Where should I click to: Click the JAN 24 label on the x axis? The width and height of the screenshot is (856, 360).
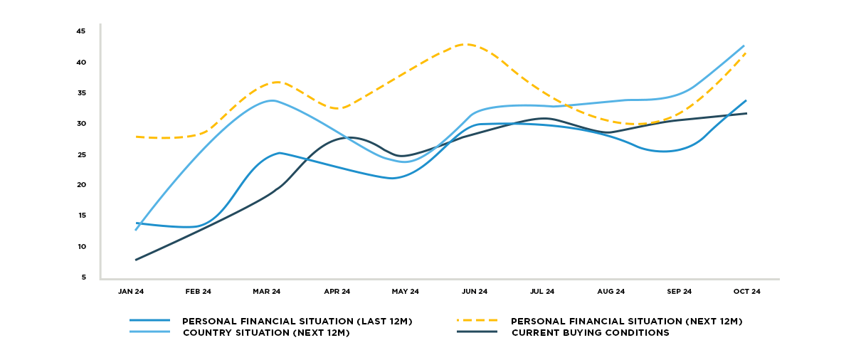point(130,292)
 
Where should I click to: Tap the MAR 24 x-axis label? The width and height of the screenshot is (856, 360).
point(267,292)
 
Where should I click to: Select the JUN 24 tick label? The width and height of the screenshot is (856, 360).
point(475,292)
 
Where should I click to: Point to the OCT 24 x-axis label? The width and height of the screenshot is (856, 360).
point(747,292)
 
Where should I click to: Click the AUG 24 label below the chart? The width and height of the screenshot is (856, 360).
point(611,292)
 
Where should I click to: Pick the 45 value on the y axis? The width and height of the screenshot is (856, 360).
point(81,31)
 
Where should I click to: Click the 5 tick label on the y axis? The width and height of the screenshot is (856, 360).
point(83,277)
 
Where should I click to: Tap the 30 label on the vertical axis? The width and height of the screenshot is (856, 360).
point(81,124)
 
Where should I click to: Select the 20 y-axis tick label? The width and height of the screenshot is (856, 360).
point(81,185)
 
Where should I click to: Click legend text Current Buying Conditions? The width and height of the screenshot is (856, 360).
point(590,333)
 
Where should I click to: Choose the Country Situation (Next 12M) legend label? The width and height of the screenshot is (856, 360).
point(266,333)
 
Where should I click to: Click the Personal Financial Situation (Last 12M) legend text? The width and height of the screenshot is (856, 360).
point(297,322)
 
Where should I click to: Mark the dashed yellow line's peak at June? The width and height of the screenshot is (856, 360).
point(466,44)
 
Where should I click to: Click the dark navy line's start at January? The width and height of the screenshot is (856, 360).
point(135,260)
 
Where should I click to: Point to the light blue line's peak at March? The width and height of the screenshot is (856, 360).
point(273,100)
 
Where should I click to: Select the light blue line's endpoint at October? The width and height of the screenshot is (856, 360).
point(744,46)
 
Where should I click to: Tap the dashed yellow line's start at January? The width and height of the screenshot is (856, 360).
point(135,137)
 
